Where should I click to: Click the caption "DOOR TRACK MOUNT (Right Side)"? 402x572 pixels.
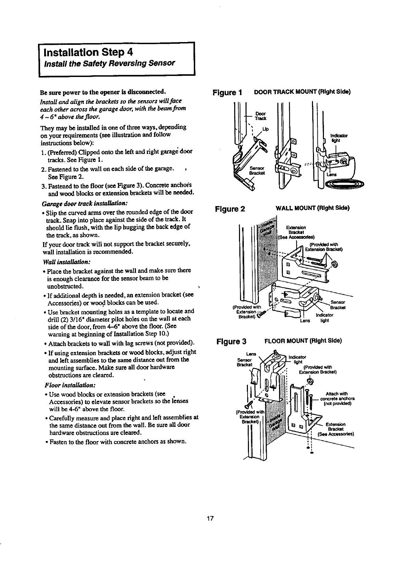[x=302, y=92]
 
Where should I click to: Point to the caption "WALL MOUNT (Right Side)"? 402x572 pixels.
[x=312, y=208]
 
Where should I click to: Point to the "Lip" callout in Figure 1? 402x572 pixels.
[x=265, y=129]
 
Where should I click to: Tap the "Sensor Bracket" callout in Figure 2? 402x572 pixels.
[x=338, y=304]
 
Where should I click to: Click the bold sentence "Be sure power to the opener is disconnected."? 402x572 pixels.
[x=103, y=92]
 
